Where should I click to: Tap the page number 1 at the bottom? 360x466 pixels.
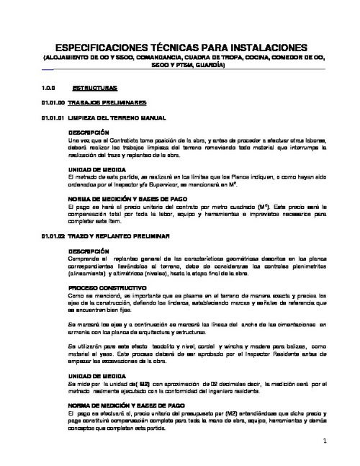coord(325,441)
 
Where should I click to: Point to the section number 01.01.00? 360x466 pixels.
coord(53,102)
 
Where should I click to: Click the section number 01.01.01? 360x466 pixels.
coord(53,117)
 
